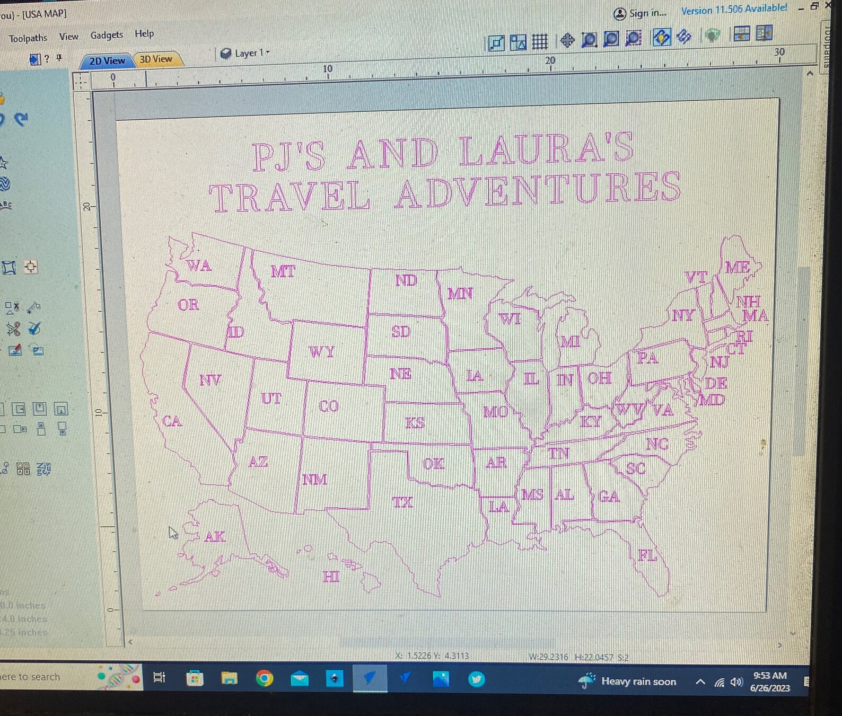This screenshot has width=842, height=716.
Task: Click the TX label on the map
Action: coord(402,502)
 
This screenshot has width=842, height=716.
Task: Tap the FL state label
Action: coord(647,555)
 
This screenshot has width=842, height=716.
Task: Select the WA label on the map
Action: coord(199,265)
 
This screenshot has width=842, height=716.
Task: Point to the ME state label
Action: coord(737,267)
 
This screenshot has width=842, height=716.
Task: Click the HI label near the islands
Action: coord(331,577)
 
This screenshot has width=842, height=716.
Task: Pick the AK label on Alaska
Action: coord(215,537)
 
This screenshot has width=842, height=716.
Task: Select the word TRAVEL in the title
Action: coord(289,196)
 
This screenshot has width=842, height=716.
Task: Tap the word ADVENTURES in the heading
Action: coord(538,190)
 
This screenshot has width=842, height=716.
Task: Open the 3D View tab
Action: coord(156,59)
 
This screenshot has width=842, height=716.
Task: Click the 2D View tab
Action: coord(107,61)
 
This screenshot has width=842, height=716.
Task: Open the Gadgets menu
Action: coord(107,35)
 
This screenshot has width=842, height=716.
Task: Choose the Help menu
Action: coord(144,33)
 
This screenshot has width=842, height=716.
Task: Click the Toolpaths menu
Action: coord(28,38)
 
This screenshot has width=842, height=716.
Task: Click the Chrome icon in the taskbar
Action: coord(264,678)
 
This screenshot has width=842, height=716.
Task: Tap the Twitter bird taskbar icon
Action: coord(476,679)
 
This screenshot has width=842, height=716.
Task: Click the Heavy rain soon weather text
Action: coord(638,682)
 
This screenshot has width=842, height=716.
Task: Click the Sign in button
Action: coord(641,13)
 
